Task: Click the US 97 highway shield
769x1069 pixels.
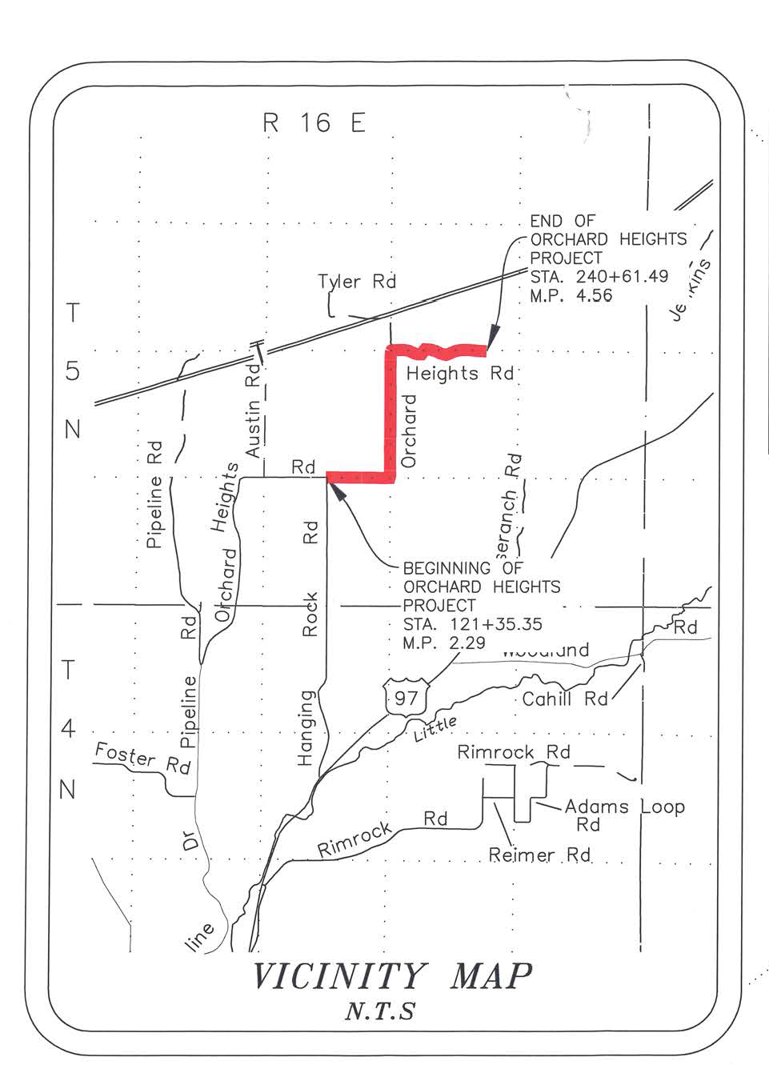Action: click(406, 698)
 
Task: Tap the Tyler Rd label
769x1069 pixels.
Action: click(357, 282)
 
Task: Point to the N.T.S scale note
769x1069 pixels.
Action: click(380, 1011)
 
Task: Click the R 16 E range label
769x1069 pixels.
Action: click(314, 123)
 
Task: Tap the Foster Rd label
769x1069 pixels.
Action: click(142, 758)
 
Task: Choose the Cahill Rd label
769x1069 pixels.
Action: click(565, 699)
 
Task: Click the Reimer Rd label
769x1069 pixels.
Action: click(539, 855)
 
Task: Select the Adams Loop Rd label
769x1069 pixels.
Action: click(624, 815)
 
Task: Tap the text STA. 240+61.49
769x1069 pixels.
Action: click(599, 277)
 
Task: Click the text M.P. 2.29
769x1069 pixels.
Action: click(444, 643)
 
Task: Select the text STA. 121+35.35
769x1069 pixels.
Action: click(472, 624)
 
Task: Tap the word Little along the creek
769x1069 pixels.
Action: click(435, 729)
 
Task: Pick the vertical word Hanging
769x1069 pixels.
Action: click(306, 728)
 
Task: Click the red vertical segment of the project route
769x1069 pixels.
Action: click(391, 412)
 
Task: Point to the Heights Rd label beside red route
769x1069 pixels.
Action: click(459, 374)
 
